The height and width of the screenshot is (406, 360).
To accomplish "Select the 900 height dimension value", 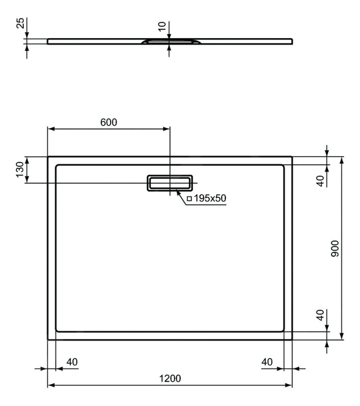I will click(335, 249).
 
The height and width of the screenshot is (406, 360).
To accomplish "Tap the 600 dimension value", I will click(108, 123).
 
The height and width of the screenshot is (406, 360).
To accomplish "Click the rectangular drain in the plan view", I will click(170, 183).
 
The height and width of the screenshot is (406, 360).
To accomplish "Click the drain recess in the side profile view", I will click(170, 41).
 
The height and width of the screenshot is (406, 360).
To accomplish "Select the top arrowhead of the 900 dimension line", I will click(342, 159).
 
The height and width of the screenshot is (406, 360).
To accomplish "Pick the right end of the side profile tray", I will click(292, 41).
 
